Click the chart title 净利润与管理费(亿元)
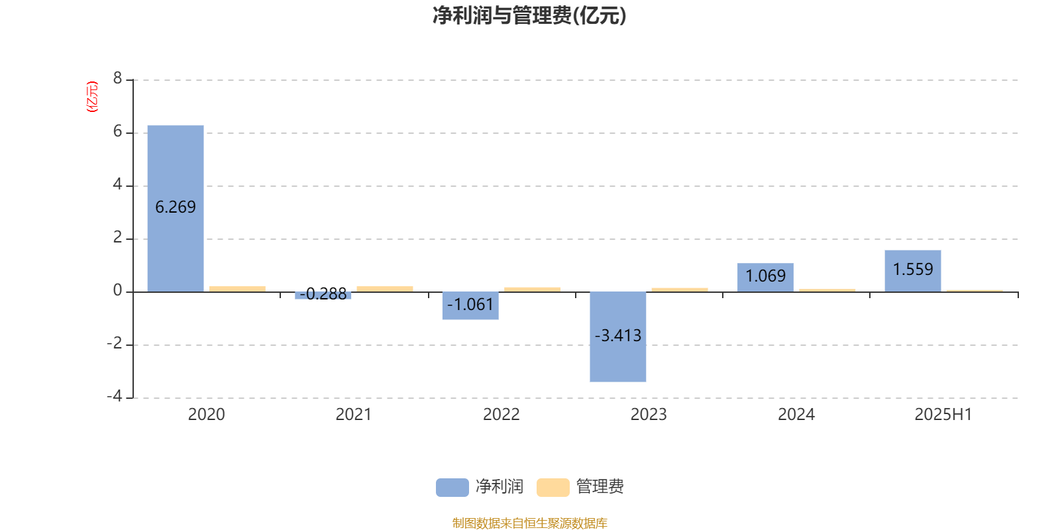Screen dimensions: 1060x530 pyautogui.click(x=529, y=16)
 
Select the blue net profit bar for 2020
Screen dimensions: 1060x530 pyautogui.click(x=176, y=209)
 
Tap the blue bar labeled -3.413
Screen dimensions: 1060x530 pyautogui.click(x=618, y=337)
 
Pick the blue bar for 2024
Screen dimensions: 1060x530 pyautogui.click(x=766, y=278)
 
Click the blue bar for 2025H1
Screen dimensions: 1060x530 pyautogui.click(x=913, y=271)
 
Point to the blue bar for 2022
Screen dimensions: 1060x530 pyautogui.click(x=470, y=305)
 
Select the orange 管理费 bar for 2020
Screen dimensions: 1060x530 pyautogui.click(x=238, y=289)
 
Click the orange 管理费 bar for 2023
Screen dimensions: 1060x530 pyautogui.click(x=680, y=290)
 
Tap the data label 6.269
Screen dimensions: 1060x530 pyautogui.click(x=176, y=207)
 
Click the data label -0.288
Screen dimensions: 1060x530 pyautogui.click(x=323, y=294)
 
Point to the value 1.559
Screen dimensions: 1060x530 pyautogui.click(x=913, y=269)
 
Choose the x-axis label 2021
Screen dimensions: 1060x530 pyautogui.click(x=354, y=415)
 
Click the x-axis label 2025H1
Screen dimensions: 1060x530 pyautogui.click(x=943, y=415)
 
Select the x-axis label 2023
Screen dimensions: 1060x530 pyautogui.click(x=649, y=415)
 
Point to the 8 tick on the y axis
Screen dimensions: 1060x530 pyautogui.click(x=117, y=78)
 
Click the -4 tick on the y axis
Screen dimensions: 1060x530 pyautogui.click(x=115, y=396)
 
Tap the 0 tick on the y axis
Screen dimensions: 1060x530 pyautogui.click(x=117, y=290)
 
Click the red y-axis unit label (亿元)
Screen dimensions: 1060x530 pyautogui.click(x=92, y=97)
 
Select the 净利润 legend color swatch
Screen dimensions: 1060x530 pyautogui.click(x=452, y=488)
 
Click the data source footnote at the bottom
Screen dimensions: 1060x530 pyautogui.click(x=529, y=523)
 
